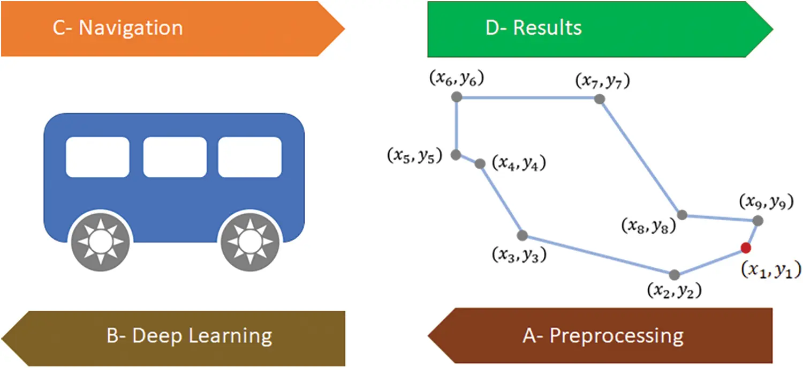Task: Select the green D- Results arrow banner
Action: [589, 28]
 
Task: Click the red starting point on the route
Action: [745, 247]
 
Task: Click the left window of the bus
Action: [97, 157]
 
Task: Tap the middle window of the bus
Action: [175, 157]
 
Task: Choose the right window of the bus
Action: [249, 157]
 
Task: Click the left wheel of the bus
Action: [100, 242]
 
